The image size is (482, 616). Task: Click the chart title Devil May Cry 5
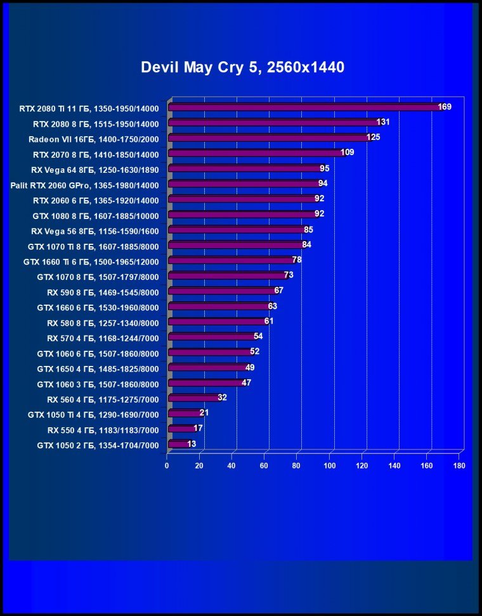pos(242,67)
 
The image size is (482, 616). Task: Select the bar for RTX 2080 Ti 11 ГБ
pos(304,108)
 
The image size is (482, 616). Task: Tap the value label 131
pos(382,122)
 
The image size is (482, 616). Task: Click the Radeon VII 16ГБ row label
pos(93,139)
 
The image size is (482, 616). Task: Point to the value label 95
pos(324,168)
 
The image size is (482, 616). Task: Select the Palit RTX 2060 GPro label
pos(84,185)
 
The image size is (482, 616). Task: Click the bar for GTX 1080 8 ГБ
pos(241,214)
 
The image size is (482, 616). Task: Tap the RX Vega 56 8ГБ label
pos(94,230)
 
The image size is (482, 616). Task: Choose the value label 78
pos(296,260)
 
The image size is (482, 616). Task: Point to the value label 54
pos(258,336)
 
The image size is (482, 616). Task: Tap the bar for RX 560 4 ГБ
pos(193,398)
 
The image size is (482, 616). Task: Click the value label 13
pos(192,444)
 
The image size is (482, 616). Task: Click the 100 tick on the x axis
pos(329,466)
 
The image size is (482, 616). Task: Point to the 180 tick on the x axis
pos(459,466)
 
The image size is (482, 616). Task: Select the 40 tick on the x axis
pos(232,466)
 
